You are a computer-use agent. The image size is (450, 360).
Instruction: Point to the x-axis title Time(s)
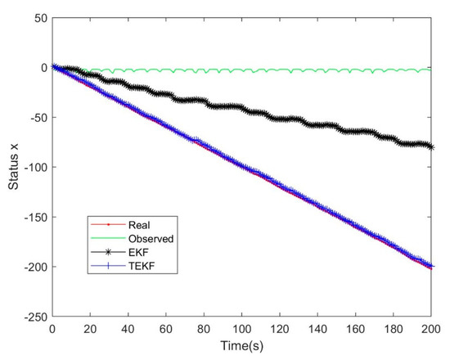point(242,347)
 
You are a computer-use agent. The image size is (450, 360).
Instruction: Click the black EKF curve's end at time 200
point(431,146)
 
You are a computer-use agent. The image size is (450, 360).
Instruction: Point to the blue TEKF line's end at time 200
point(431,265)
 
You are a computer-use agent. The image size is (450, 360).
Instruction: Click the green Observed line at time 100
point(242,70)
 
